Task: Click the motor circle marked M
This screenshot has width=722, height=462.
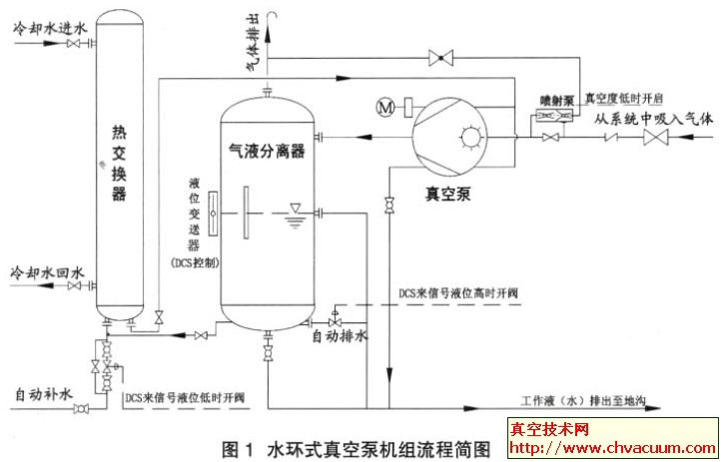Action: point(385,106)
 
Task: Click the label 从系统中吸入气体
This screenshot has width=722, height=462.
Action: point(655,119)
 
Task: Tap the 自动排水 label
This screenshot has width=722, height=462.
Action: point(341,336)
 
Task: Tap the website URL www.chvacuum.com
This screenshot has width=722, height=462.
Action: point(611,447)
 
